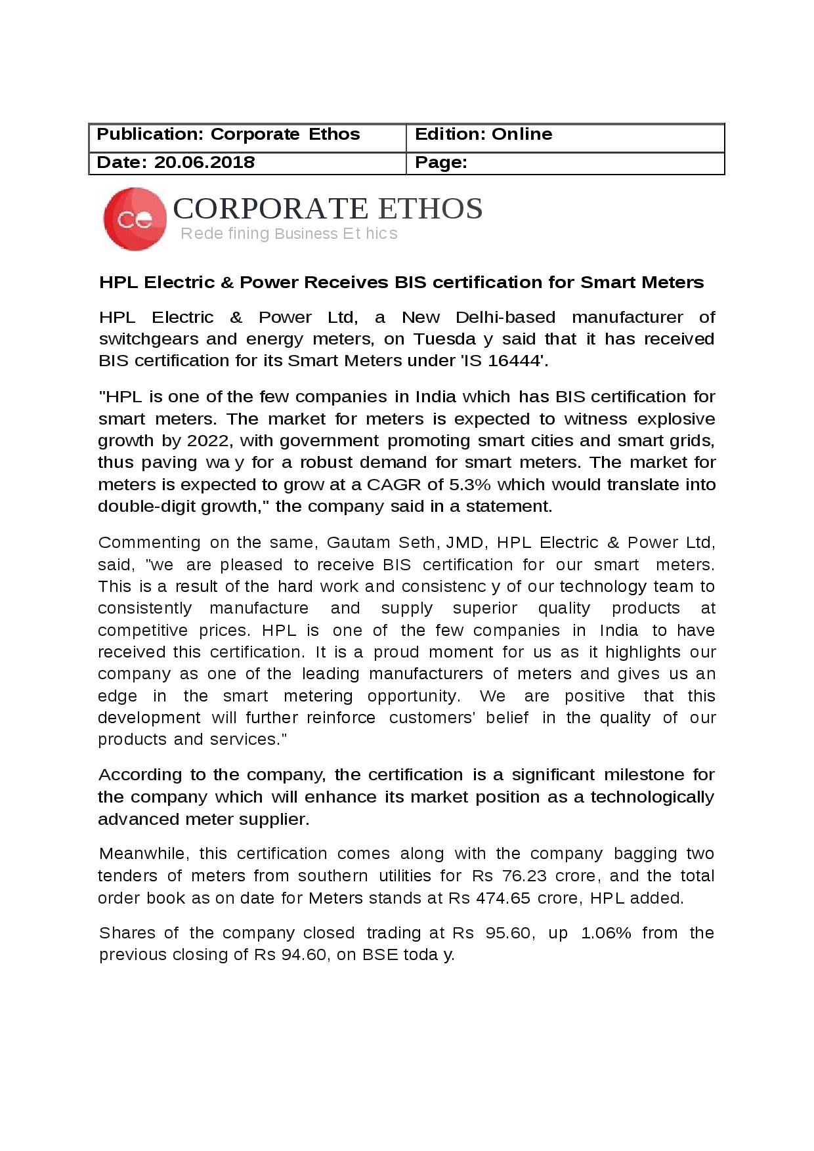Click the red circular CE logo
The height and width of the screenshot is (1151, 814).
point(135,219)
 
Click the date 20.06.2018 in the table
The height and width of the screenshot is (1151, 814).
point(204,163)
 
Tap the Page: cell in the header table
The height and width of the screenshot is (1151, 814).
point(565,163)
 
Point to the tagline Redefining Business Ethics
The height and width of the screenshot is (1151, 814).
point(289,234)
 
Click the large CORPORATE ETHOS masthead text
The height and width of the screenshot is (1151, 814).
point(328,209)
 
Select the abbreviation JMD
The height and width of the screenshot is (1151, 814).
point(465,543)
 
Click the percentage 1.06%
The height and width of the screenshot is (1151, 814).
point(606,933)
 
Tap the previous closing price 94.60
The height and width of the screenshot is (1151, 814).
point(304,955)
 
